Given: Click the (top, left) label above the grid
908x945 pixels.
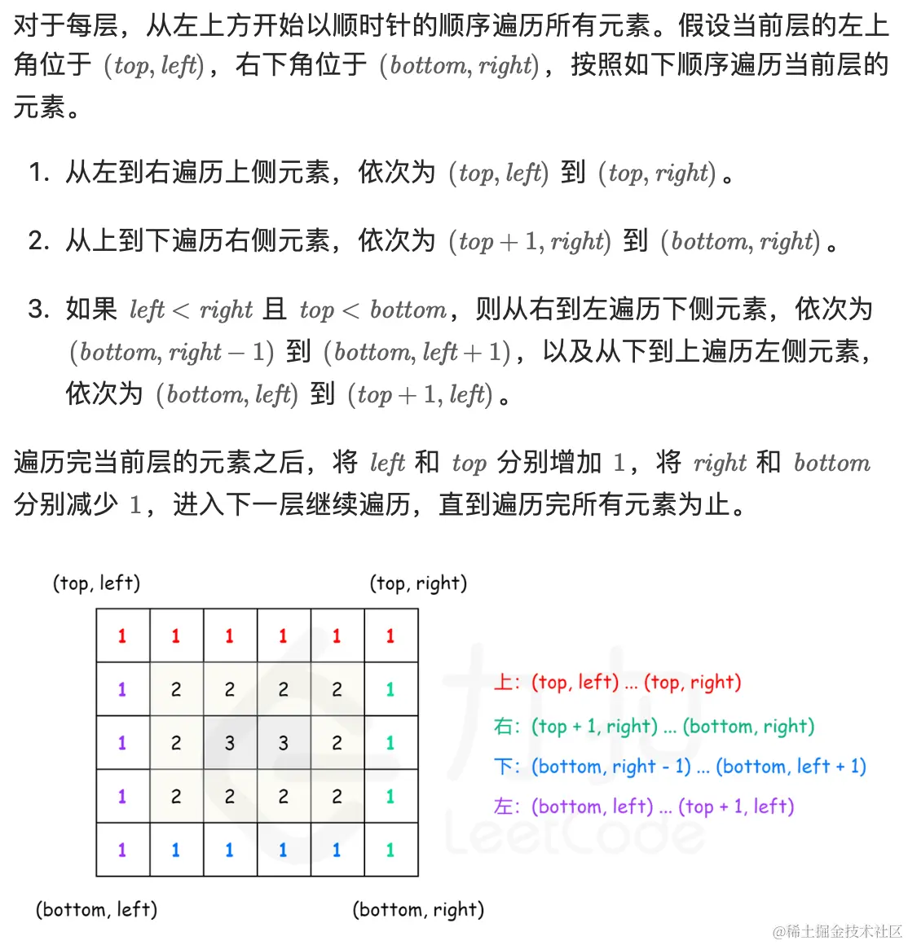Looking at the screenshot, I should tap(96, 583).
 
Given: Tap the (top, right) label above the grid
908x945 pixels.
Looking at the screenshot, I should tap(418, 583).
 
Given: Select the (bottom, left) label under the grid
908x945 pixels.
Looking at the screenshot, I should tap(96, 909).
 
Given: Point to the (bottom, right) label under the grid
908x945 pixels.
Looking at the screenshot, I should tap(418, 909).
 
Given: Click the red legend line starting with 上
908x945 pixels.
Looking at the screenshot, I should tap(617, 682).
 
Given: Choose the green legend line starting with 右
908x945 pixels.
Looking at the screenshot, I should tap(654, 726).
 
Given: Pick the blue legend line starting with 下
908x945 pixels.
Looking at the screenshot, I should tap(680, 767).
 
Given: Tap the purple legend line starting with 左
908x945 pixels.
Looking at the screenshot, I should tap(644, 807).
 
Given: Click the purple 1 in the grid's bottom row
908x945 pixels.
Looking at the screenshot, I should tap(122, 850).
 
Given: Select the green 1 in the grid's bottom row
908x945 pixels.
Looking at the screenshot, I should tap(390, 850).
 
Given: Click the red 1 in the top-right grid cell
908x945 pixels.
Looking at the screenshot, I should tap(390, 636).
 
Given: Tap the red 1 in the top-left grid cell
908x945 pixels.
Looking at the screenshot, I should tap(122, 636).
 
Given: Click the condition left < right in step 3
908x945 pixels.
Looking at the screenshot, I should tap(192, 310).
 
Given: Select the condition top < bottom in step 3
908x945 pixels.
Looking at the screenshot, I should tap(373, 310).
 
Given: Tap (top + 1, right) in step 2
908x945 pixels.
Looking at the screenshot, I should tap(530, 241).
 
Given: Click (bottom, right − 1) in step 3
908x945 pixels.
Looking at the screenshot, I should tap(171, 352).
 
